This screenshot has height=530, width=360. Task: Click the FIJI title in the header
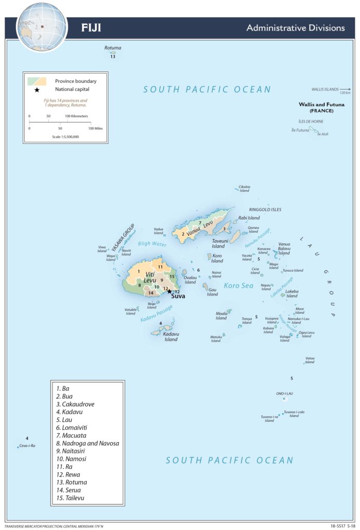click(91, 27)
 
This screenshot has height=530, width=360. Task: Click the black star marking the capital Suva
click(169, 291)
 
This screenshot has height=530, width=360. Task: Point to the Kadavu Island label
click(171, 337)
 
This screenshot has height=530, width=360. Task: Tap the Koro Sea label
click(238, 285)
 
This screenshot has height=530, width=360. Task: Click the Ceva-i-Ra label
click(27, 446)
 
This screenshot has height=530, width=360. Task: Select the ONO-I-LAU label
click(284, 393)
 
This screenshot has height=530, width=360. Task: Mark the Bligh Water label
click(152, 244)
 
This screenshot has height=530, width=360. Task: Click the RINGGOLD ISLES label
click(265, 210)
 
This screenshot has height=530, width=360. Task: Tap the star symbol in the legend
click(37, 90)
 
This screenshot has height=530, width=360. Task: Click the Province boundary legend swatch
click(37, 81)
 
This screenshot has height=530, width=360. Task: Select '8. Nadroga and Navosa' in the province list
click(88, 444)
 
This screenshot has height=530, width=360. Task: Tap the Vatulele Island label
click(130, 311)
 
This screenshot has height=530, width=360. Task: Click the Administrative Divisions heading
click(295, 27)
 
